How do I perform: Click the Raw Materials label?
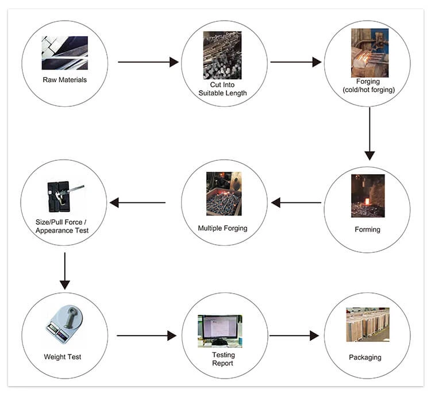pyautogui.click(x=64, y=80)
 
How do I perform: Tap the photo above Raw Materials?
pyautogui.click(x=64, y=53)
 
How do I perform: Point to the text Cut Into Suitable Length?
pyautogui.click(x=222, y=88)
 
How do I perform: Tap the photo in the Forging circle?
pyautogui.click(x=367, y=53)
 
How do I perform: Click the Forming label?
pyautogui.click(x=367, y=230)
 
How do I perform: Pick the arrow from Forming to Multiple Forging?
pyautogui.click(x=297, y=202)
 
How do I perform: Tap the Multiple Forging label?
pyautogui.click(x=222, y=228)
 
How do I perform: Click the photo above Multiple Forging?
pyautogui.click(x=223, y=194)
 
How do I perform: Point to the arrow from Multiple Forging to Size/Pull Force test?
pyautogui.click(x=137, y=202)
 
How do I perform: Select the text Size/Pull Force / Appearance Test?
pyautogui.click(x=63, y=226)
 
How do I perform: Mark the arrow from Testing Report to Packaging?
pyautogui.click(x=294, y=336)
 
